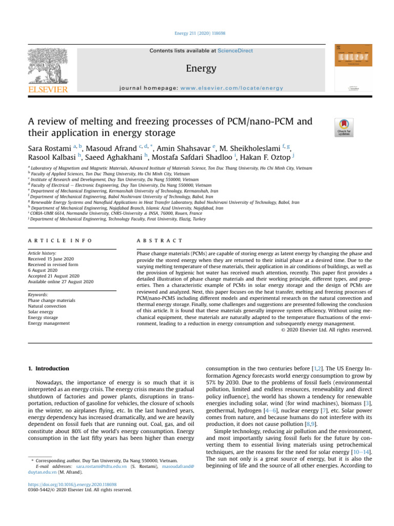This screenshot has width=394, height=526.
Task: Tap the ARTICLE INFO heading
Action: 61,240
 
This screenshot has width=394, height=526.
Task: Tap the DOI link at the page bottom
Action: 72,484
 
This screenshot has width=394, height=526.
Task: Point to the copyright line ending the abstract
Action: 327,330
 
